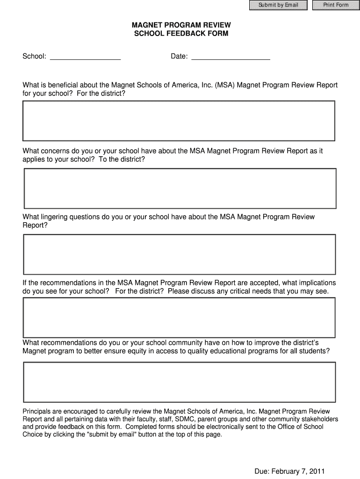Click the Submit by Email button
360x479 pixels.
(278, 5)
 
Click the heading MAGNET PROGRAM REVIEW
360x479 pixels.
(181, 25)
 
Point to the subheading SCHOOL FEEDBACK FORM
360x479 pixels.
(181, 34)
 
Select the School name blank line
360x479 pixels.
(85, 57)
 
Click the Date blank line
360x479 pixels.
(231, 57)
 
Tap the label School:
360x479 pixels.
(35, 57)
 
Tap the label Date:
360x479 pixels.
(179, 57)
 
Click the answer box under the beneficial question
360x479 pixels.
(179, 121)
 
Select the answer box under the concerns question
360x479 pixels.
(180, 188)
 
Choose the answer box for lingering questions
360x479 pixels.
(180, 254)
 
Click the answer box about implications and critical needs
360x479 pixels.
(180, 317)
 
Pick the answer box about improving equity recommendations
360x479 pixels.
(180, 382)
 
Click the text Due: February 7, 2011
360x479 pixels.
(289, 471)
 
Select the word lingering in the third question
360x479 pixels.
(53, 217)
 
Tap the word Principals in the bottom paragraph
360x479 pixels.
(38, 412)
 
